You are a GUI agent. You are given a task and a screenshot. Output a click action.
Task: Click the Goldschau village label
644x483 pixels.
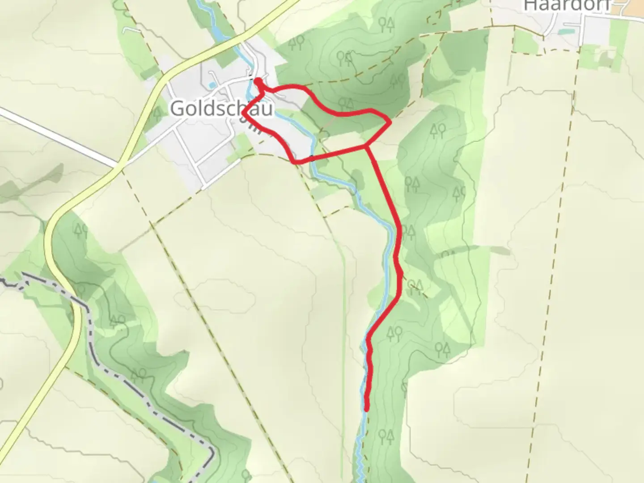click(x=221, y=108)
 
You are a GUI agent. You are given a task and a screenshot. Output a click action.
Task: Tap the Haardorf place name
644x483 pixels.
click(x=567, y=5)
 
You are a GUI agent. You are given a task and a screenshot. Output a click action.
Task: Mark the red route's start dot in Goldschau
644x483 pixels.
click(x=258, y=81)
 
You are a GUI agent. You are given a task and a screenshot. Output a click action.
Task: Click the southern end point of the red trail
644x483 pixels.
click(x=367, y=408)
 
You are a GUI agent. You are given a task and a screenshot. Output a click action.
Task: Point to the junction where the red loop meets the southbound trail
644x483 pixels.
click(x=367, y=146)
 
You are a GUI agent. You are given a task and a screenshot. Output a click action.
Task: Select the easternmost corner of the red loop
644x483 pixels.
click(x=390, y=121)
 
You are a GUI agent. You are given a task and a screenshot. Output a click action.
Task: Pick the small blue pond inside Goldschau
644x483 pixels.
click(x=212, y=85)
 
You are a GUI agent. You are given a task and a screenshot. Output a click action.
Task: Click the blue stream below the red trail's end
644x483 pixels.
click(x=360, y=452)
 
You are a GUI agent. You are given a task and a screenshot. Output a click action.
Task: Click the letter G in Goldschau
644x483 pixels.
click(x=177, y=108)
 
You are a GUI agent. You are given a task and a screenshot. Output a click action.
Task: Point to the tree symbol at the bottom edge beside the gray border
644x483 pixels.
click(x=246, y=474)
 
